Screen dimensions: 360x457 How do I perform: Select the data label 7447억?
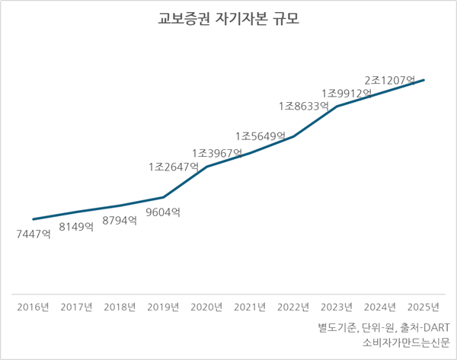coord(34,234)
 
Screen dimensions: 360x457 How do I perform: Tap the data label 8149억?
coord(76,227)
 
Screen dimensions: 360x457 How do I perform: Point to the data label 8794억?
coord(120,221)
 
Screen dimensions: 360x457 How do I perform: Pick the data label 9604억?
coord(163,213)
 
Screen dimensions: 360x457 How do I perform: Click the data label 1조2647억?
coord(174,166)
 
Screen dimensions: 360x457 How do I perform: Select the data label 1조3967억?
coord(217,153)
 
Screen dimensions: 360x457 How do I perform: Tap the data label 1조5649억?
coord(260,136)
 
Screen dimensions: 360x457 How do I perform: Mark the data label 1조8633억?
coord(303,107)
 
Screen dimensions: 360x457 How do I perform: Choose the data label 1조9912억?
coord(347,94)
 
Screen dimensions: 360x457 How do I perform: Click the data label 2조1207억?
coord(390,79)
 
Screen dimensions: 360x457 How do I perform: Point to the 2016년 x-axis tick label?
coord(34,307)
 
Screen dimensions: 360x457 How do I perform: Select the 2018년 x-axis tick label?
coord(120,307)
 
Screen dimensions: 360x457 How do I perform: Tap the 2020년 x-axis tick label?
coord(206,307)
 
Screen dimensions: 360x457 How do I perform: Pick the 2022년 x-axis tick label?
coord(293,307)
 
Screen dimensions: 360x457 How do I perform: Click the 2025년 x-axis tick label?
coord(423,307)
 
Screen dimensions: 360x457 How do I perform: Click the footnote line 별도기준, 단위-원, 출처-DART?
coord(385,327)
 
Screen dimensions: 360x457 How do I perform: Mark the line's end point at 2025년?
coord(423,79)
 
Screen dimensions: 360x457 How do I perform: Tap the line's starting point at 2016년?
coord(34,219)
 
